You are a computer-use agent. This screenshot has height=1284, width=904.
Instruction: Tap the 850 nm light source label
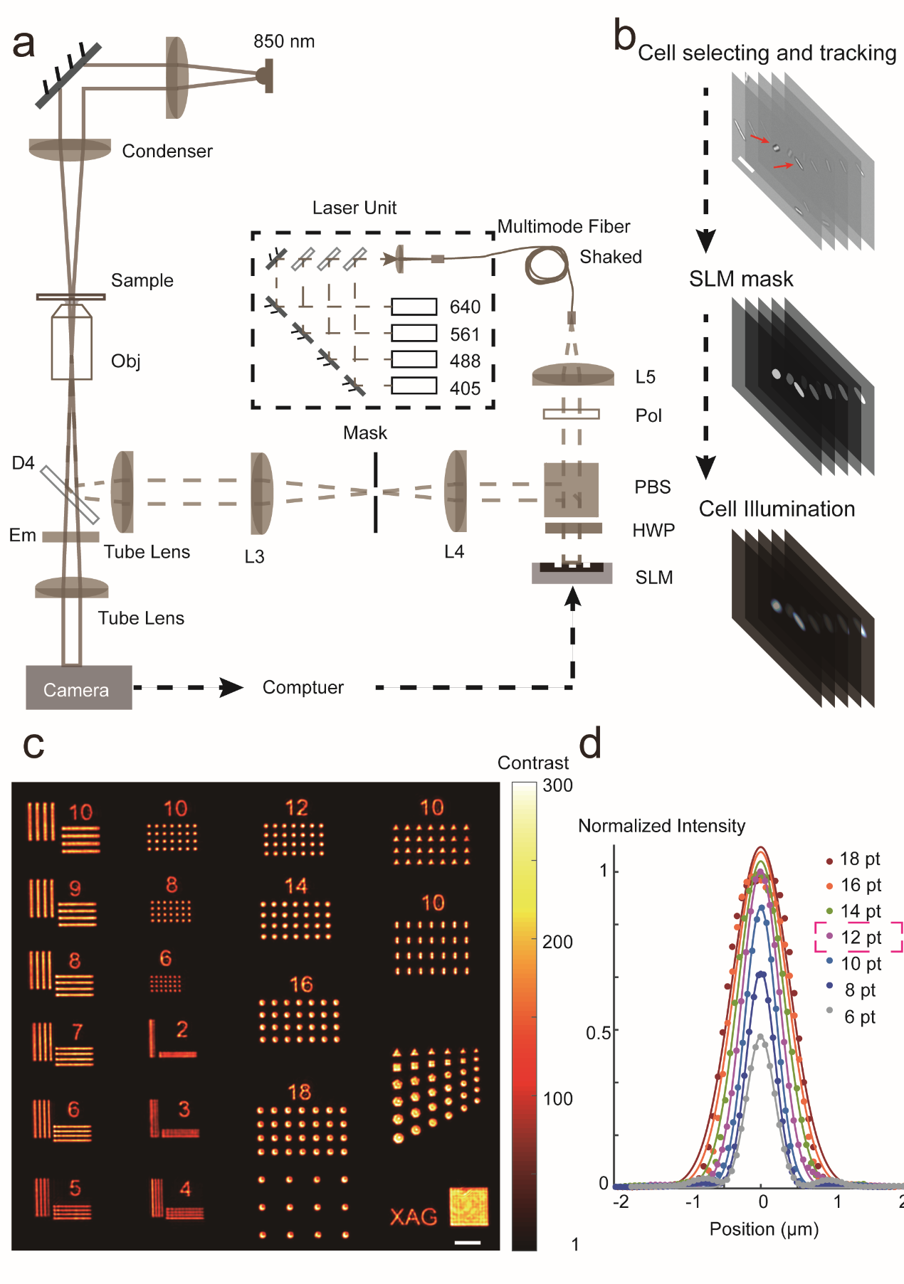[x=284, y=41]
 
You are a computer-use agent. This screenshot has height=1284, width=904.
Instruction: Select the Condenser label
[x=167, y=151]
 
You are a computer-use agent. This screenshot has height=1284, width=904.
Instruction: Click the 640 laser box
[x=414, y=307]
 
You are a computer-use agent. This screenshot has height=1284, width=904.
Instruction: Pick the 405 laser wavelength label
[x=465, y=388]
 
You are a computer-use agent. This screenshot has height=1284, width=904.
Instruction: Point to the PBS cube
[x=571, y=489]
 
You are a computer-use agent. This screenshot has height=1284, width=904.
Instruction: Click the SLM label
[x=653, y=578]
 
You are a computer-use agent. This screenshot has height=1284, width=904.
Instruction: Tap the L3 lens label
[x=254, y=556]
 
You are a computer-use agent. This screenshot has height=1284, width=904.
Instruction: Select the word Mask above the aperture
[x=365, y=433]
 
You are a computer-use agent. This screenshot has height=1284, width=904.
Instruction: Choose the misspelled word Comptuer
[x=303, y=687]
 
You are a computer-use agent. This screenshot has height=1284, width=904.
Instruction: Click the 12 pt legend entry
[x=861, y=938]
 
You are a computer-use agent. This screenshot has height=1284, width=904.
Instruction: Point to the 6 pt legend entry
[x=859, y=1017]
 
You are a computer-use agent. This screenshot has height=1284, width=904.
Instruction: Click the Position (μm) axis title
[x=764, y=1229]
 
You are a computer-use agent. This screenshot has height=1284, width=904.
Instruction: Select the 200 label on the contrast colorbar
[x=557, y=942]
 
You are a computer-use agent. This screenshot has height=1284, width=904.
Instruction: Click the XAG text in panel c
[x=414, y=1216]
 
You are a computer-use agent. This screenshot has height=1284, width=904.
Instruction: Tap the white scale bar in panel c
[x=467, y=1243]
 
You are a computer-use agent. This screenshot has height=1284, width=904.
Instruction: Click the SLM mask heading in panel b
[x=741, y=279]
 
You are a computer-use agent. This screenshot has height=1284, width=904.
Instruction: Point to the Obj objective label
[x=125, y=361]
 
